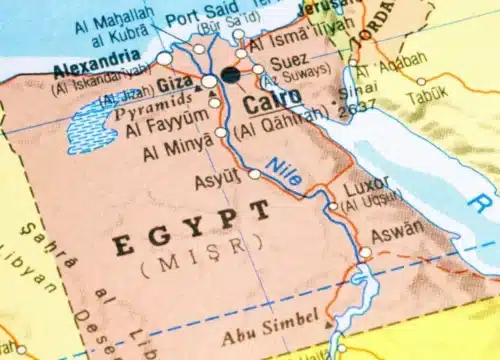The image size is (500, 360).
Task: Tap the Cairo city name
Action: click(x=265, y=102)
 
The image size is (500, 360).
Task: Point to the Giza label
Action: click(x=175, y=84)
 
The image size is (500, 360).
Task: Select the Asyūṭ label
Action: click(x=221, y=176)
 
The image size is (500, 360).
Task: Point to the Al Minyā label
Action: click(x=177, y=151)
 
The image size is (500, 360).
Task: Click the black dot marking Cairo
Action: click(x=231, y=75)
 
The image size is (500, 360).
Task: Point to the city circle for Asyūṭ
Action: click(x=255, y=174)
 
